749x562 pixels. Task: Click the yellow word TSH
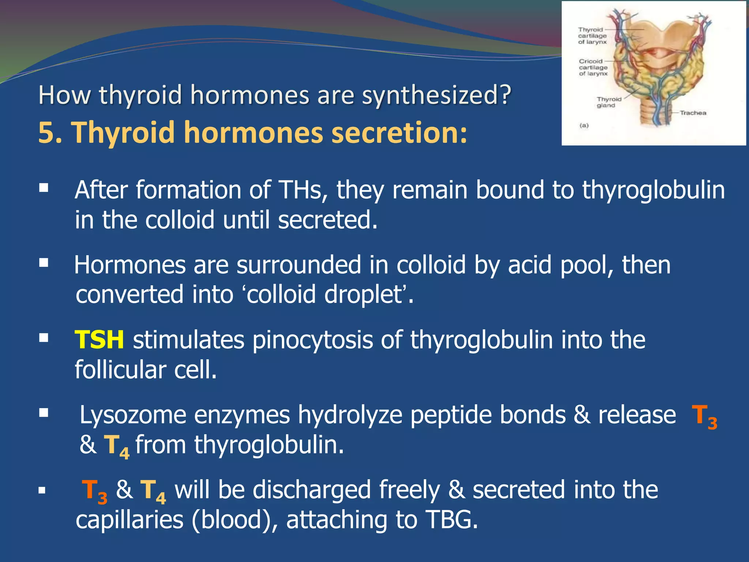[x=99, y=340]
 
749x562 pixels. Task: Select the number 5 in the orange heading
[x=46, y=132]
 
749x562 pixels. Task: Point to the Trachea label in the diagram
[x=693, y=113]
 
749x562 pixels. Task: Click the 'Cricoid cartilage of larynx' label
[x=593, y=68]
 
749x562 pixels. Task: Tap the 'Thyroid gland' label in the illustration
[x=609, y=102]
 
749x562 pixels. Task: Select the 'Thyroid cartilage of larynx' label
[x=592, y=36]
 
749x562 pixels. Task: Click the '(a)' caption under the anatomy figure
[x=584, y=125]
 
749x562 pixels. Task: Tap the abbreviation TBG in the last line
[x=451, y=520]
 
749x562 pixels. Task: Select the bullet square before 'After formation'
[x=44, y=188]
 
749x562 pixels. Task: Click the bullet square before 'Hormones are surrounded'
[x=44, y=263]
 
